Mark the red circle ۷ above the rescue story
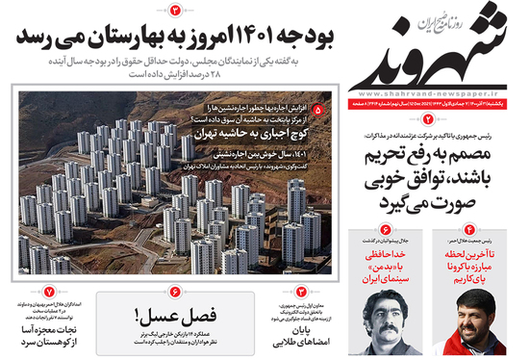tap(48, 292)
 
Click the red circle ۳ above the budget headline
tap(176, 10)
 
